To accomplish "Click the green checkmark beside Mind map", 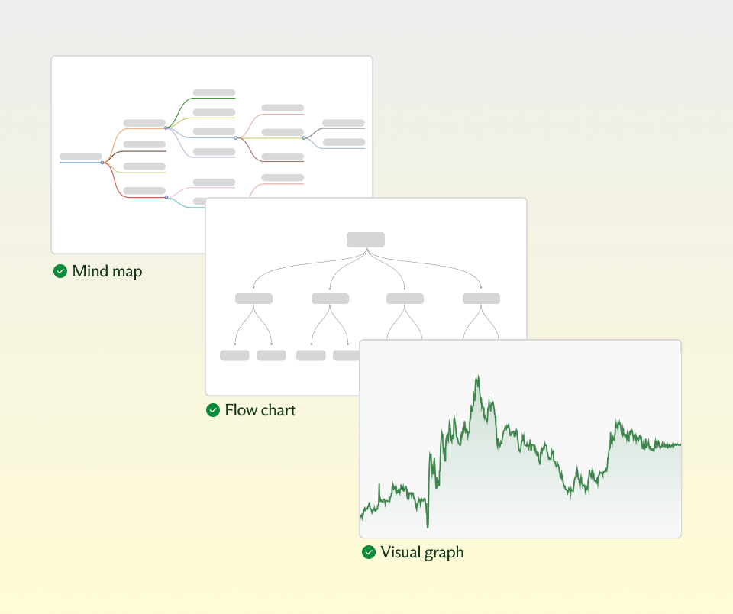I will point(60,271).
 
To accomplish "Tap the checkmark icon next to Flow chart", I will point(213,410).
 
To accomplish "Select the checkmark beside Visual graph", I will point(369,552).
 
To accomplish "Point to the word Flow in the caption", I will point(241,410).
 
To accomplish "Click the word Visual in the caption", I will point(399,552).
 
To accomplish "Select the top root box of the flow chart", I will point(366,240).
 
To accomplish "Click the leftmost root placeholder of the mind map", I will point(80,156).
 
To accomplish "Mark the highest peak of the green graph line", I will point(478,376).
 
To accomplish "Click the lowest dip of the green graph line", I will point(428,526).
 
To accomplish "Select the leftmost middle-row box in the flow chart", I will point(253,299).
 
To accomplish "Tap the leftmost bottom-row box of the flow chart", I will point(234,355).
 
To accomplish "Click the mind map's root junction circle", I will point(102,163).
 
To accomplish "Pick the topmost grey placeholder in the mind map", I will point(214,92).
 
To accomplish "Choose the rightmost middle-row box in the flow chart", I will point(482,299).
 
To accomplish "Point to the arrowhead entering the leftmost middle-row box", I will point(253,289).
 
